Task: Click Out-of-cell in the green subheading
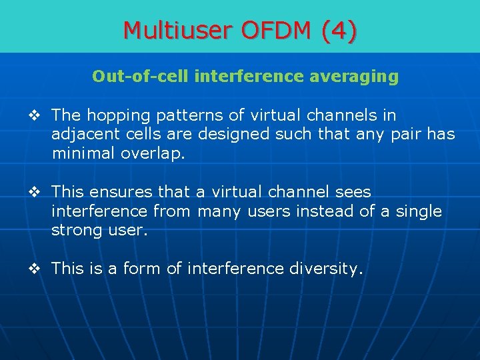141,77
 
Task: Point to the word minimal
83,153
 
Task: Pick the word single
418,211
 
